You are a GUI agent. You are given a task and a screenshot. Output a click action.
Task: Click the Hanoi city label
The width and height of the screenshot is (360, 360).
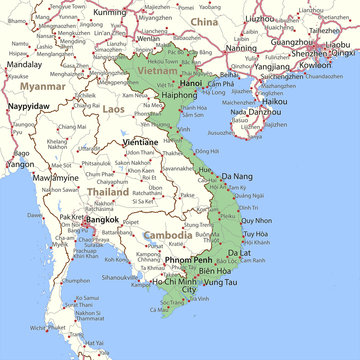pyautogui.click(x=191, y=82)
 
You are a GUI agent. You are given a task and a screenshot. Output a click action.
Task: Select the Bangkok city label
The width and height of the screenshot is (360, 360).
pyautogui.click(x=102, y=220)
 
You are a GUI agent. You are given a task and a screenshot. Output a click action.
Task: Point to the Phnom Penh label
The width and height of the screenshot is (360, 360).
pyautogui.click(x=189, y=260)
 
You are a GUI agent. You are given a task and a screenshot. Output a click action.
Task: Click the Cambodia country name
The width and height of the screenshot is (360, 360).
pyautogui.click(x=169, y=236)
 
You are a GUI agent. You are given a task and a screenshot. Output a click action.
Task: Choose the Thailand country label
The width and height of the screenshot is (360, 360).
pyautogui.click(x=106, y=191)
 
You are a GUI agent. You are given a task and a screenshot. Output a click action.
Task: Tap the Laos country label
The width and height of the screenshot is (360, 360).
pyautogui.click(x=114, y=107)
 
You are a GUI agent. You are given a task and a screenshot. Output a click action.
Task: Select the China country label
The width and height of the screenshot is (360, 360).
pyautogui.click(x=203, y=20)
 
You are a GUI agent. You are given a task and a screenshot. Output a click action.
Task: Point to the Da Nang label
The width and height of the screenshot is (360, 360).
pyautogui.click(x=237, y=176)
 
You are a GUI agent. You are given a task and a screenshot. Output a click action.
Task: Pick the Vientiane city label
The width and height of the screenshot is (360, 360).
pyautogui.click(x=139, y=142)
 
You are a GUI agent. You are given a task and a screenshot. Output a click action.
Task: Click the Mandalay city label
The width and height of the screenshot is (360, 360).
pyautogui.click(x=23, y=63)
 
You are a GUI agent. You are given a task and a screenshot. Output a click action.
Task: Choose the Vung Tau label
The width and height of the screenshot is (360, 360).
pyautogui.click(x=219, y=283)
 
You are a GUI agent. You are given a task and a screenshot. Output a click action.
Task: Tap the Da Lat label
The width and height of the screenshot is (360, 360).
pyautogui.click(x=239, y=253)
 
